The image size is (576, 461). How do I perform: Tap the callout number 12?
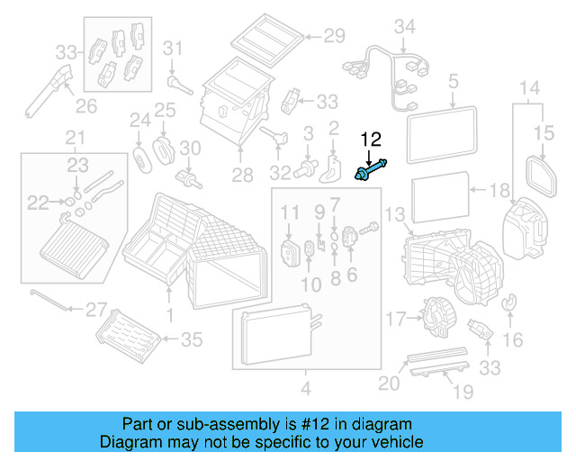coord(371,139)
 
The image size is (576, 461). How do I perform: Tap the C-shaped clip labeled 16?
coord(510,306)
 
